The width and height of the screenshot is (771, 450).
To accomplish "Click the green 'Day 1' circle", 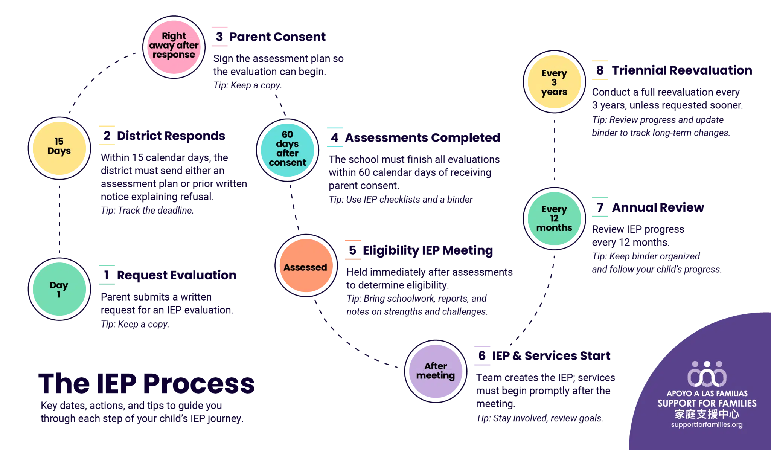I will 59,289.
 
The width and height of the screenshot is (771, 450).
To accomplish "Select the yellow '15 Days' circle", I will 59,146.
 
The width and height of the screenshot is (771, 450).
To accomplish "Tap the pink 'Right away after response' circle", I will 174,46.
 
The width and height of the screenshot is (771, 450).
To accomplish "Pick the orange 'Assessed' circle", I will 305,267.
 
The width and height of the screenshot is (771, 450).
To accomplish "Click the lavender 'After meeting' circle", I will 436,371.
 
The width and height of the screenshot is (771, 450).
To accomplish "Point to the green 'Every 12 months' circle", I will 554,218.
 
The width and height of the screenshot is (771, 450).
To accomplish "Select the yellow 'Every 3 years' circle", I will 554,82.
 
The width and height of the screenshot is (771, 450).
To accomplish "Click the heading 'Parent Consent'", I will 277,37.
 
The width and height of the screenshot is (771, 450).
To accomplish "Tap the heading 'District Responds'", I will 171,136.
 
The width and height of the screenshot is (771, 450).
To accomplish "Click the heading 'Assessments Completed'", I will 422,138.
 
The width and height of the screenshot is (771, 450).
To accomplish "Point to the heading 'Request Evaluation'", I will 177,275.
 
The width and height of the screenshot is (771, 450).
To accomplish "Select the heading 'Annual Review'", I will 658,207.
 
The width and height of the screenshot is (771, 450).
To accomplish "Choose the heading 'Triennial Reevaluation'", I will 682,70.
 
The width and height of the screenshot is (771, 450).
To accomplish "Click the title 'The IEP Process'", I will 147,383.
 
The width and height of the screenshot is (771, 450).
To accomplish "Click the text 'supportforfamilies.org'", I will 707,425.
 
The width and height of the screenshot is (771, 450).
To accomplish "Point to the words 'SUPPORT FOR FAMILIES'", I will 707,403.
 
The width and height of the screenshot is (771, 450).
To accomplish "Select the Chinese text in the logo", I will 707,414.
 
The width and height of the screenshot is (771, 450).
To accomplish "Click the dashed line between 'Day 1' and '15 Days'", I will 59,218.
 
